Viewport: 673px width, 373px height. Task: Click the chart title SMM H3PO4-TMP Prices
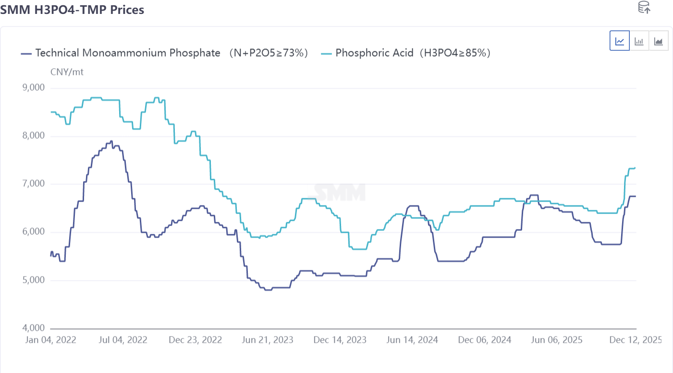pos(72,9)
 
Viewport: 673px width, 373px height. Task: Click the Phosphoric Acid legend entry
pos(406,53)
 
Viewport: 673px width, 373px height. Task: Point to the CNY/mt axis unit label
pos(67,72)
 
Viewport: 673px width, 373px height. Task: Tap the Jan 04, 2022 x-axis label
pos(50,340)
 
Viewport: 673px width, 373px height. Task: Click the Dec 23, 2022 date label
pos(195,340)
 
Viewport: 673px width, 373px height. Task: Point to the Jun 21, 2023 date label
pos(268,340)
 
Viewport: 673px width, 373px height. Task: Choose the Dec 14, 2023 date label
pos(340,340)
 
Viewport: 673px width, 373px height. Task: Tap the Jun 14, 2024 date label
pos(412,340)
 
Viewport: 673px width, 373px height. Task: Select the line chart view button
pos(620,41)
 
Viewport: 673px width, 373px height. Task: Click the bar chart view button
pos(639,41)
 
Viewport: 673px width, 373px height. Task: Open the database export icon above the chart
pos(644,7)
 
